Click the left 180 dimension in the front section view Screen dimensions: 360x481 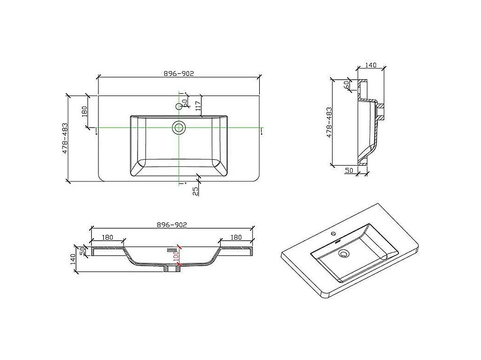tap(107, 237)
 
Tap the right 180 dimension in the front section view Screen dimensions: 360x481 tap(236, 237)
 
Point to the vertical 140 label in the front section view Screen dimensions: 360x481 tap(73, 260)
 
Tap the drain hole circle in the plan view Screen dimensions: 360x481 tap(178, 127)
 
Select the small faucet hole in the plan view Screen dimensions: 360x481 tap(178, 106)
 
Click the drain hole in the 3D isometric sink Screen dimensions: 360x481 tap(343, 253)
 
